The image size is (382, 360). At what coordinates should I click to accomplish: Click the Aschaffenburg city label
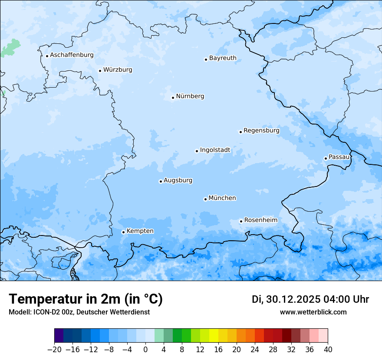(72, 55)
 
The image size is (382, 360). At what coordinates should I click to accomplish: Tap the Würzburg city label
(118, 70)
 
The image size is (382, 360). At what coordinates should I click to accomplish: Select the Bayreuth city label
(223, 58)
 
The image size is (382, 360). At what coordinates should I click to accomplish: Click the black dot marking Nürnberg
(173, 98)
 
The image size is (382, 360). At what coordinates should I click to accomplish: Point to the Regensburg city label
(261, 131)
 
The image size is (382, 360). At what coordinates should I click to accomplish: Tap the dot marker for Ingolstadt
(197, 151)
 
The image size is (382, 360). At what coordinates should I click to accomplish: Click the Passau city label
(339, 157)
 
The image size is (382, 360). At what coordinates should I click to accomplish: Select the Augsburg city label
(178, 180)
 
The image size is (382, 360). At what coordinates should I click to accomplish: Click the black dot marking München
(205, 200)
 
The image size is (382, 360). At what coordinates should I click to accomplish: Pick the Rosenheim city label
(260, 220)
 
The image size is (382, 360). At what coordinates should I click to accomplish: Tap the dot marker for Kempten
(123, 232)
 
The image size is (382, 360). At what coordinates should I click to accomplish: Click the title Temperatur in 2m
(86, 299)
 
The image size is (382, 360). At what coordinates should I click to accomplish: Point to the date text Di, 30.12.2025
(286, 299)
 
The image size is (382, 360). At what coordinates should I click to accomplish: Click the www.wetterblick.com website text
(313, 312)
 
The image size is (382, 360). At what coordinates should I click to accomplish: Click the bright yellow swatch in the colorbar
(214, 336)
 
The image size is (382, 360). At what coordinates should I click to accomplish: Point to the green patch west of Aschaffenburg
(11, 48)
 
